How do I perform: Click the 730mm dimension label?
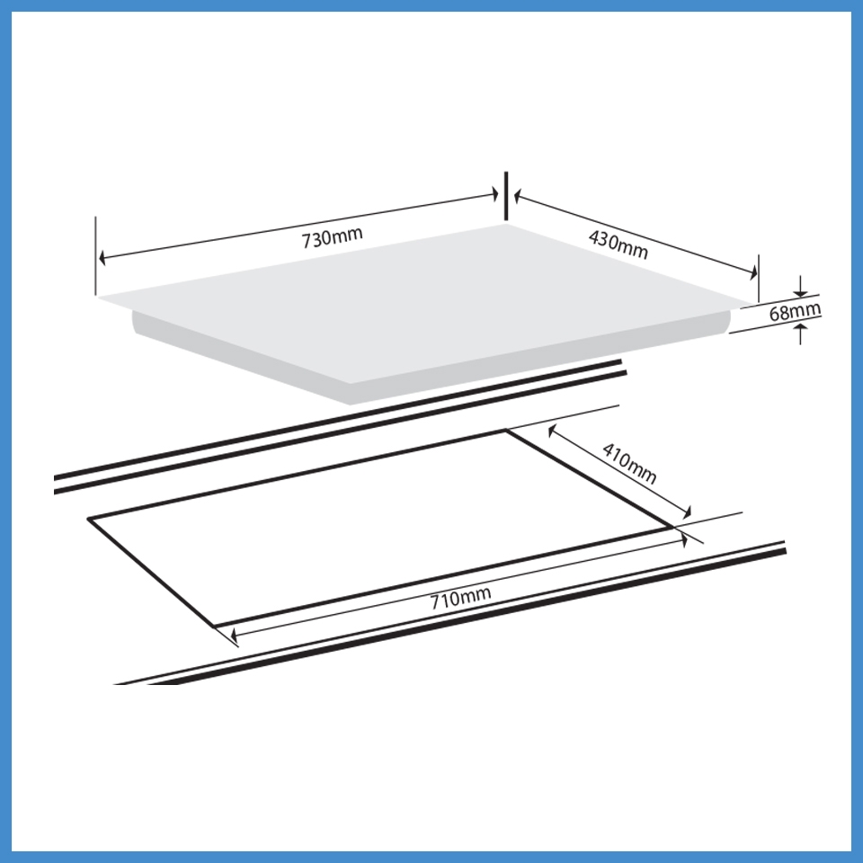coord(332,238)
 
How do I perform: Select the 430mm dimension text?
coord(618,245)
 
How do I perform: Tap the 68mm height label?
coord(795,312)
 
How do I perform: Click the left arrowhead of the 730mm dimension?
coord(102,258)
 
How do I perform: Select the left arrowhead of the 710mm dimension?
coord(233,637)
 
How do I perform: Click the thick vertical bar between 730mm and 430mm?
coord(506,195)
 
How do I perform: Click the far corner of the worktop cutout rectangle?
coord(505,431)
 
